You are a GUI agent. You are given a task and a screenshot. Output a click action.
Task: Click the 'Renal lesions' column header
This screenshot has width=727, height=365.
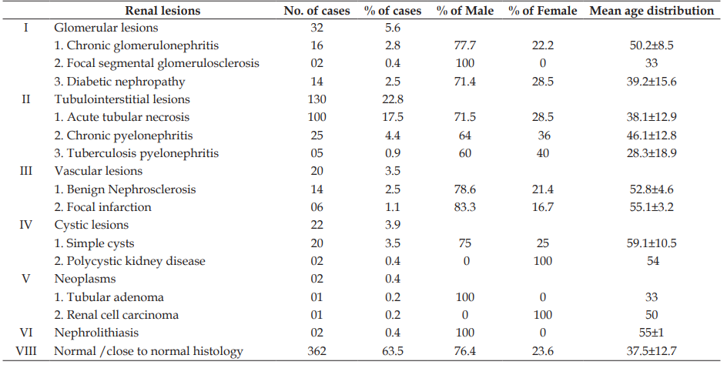click(x=162, y=10)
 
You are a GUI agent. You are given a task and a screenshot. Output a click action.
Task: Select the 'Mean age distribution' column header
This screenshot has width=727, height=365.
click(x=652, y=10)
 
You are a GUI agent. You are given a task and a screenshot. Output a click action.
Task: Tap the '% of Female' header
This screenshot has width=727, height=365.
click(x=542, y=10)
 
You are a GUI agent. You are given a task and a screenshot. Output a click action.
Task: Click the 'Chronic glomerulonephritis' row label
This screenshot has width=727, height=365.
click(x=136, y=45)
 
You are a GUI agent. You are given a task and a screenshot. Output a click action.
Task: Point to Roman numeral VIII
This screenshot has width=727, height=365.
click(x=26, y=350)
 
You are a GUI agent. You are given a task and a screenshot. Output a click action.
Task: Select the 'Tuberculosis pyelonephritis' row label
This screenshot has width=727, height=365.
click(x=136, y=153)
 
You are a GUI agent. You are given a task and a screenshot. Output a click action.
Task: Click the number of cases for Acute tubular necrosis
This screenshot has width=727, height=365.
click(x=317, y=117)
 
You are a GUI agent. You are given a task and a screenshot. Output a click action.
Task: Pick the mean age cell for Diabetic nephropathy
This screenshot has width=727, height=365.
click(x=652, y=82)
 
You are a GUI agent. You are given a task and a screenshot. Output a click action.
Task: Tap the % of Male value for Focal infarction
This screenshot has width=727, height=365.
click(x=465, y=207)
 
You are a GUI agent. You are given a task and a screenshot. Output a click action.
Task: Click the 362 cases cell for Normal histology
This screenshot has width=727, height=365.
click(x=317, y=350)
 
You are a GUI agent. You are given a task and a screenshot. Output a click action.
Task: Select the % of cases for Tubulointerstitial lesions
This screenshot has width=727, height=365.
click(x=392, y=99)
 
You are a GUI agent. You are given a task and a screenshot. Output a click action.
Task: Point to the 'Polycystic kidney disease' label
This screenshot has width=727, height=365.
click(x=130, y=261)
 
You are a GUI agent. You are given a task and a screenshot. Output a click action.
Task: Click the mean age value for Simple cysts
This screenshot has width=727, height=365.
click(x=652, y=243)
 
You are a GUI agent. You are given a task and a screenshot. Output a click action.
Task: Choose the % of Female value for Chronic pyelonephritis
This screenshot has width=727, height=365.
click(x=544, y=136)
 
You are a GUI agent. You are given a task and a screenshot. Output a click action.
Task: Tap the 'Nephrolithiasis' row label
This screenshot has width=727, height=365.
click(x=96, y=333)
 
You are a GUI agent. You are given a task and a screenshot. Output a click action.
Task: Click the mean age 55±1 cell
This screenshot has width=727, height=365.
click(x=652, y=333)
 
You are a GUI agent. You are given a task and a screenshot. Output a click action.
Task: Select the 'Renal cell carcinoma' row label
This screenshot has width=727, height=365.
click(x=116, y=315)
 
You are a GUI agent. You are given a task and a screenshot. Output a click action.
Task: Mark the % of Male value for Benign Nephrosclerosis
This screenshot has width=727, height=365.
click(x=465, y=189)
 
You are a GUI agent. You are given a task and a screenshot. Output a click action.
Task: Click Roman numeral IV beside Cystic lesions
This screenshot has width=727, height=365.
click(x=26, y=225)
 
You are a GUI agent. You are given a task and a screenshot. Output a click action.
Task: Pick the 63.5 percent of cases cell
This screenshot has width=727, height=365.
click(x=392, y=350)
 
